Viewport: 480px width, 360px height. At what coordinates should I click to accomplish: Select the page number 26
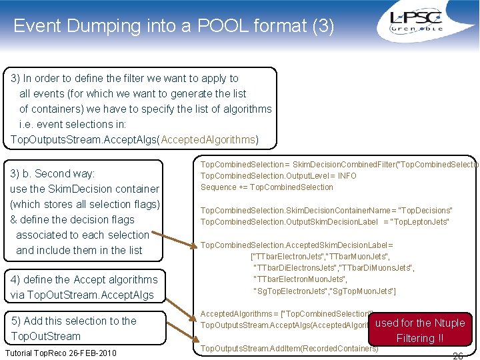(458, 355)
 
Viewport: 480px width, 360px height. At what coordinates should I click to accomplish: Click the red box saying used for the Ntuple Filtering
(421, 330)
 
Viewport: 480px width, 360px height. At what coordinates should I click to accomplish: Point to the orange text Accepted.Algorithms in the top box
(209, 139)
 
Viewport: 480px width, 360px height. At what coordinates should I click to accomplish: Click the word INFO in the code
(347, 176)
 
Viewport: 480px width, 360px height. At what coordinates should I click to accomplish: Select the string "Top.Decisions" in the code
(423, 211)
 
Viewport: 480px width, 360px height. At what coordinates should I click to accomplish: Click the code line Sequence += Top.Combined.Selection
(267, 187)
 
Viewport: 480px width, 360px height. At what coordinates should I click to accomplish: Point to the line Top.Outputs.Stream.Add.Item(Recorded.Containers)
(289, 348)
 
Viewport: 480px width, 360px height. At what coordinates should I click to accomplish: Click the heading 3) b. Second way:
(53, 173)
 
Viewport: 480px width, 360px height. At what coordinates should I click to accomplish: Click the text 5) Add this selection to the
(73, 321)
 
